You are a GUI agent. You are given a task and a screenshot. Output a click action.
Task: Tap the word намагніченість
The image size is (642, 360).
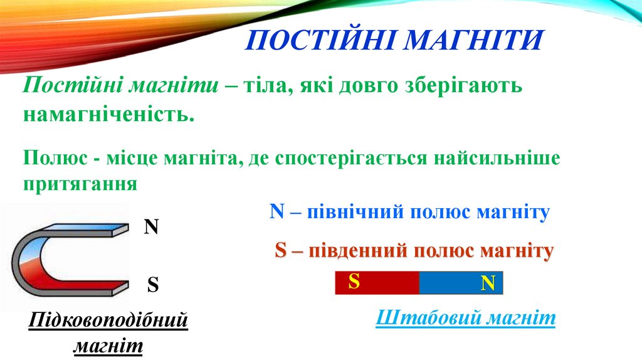click(106, 115)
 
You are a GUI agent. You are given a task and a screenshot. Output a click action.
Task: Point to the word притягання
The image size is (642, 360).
click(80, 184)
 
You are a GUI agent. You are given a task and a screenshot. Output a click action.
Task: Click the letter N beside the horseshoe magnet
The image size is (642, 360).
click(151, 227)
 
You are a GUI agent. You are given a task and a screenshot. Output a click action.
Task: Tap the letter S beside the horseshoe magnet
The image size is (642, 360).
click(152, 286)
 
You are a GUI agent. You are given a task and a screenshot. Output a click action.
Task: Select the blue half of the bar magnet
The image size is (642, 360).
click(451, 283)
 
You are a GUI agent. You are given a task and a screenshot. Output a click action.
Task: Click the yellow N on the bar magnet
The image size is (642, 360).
click(488, 283)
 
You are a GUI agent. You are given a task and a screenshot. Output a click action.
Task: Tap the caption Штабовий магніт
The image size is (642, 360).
click(466, 319)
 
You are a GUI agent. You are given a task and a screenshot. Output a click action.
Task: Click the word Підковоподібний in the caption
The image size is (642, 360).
click(108, 322)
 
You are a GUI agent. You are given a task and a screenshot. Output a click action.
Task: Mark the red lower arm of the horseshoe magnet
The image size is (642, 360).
click(88, 285)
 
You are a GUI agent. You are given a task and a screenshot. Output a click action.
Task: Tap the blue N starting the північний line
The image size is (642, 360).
click(277, 212)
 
